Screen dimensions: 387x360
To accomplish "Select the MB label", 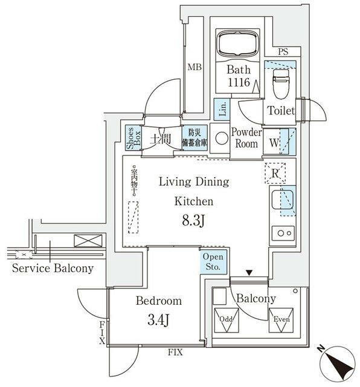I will (193, 68).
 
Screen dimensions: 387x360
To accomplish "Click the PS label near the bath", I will (283, 53).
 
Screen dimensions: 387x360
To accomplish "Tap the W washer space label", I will (273, 143).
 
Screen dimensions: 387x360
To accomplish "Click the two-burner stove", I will (283, 232).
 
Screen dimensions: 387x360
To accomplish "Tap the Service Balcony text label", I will (53, 268).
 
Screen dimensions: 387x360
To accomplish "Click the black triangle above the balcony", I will (249, 273).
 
